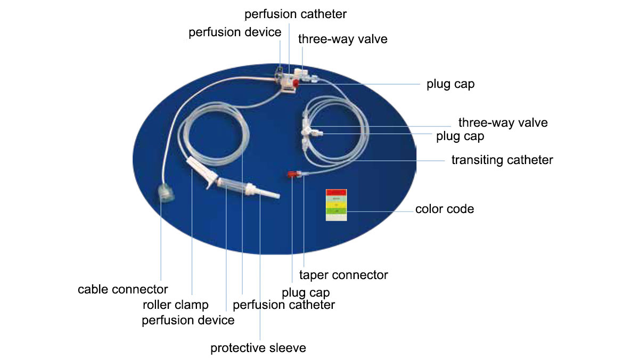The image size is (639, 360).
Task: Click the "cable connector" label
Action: [x=122, y=290]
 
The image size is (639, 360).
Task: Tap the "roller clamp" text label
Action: [x=176, y=305]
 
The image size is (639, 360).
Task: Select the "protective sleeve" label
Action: [x=258, y=348]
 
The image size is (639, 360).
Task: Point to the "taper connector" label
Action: [x=343, y=275]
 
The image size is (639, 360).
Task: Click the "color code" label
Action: [x=445, y=209]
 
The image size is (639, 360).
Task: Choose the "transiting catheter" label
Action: [x=502, y=160]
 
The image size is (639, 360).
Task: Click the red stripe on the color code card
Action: [x=336, y=193]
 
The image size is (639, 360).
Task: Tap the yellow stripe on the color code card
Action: [x=336, y=204]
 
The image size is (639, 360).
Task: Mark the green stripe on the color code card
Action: [x=336, y=211]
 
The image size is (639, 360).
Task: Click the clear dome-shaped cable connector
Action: [x=166, y=192]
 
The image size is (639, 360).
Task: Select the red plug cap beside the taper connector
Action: [x=293, y=174]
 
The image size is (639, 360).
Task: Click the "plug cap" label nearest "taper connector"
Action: [x=306, y=292]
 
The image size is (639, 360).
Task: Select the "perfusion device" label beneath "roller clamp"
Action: [x=188, y=320]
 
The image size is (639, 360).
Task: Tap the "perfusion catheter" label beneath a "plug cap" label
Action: [x=284, y=305]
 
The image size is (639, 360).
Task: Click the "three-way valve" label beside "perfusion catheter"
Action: [x=342, y=39]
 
